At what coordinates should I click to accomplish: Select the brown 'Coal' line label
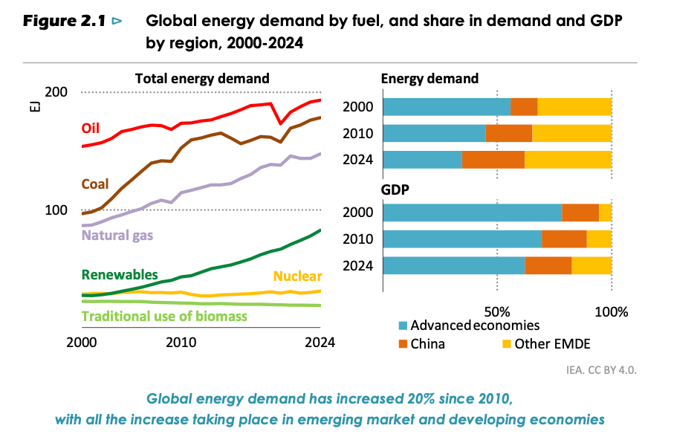(95, 184)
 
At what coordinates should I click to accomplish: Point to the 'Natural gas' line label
(117, 235)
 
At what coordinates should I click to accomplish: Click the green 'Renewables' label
(120, 274)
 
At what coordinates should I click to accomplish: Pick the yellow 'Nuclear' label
(297, 276)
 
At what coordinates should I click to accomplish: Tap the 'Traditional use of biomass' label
(164, 316)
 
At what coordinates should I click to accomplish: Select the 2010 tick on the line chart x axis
(181, 343)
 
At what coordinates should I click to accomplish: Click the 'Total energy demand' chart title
(202, 78)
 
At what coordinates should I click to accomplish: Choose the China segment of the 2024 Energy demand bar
(493, 160)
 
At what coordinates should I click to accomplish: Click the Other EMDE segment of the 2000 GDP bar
(605, 213)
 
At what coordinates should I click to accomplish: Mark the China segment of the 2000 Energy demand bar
(524, 106)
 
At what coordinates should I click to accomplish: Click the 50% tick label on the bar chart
(496, 310)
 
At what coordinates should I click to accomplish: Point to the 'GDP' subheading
(396, 190)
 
